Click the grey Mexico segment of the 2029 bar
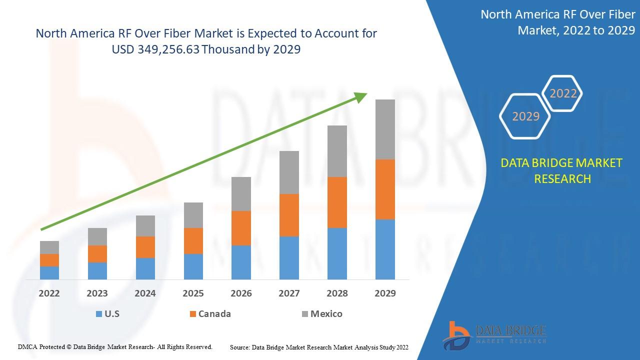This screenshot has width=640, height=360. pyautogui.click(x=385, y=129)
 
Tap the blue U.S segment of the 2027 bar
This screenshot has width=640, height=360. pyautogui.click(x=289, y=257)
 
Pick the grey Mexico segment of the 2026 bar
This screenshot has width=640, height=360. pyautogui.click(x=241, y=194)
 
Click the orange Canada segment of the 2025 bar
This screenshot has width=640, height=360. pyautogui.click(x=193, y=241)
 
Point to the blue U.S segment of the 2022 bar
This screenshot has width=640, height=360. pyautogui.click(x=49, y=272)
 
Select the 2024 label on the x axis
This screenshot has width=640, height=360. pyautogui.click(x=145, y=293)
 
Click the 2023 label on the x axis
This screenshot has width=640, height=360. pyautogui.click(x=97, y=293)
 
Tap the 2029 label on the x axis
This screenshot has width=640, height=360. pyautogui.click(x=385, y=293)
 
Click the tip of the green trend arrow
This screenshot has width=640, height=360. pyautogui.click(x=366, y=93)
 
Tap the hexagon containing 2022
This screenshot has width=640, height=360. pyautogui.click(x=563, y=93)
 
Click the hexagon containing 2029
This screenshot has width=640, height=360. pyautogui.click(x=525, y=116)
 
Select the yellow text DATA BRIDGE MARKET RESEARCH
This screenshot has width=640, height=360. pyautogui.click(x=562, y=170)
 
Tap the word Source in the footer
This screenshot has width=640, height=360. pyautogui.click(x=239, y=346)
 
